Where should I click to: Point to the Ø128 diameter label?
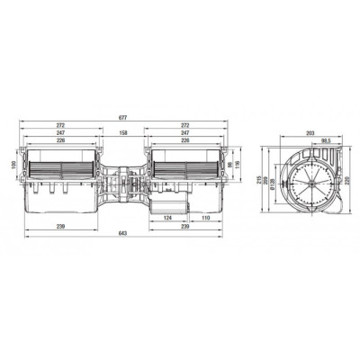pos(276,184)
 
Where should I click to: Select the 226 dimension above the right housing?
pos(185,139)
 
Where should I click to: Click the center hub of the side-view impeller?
pos(309,180)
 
